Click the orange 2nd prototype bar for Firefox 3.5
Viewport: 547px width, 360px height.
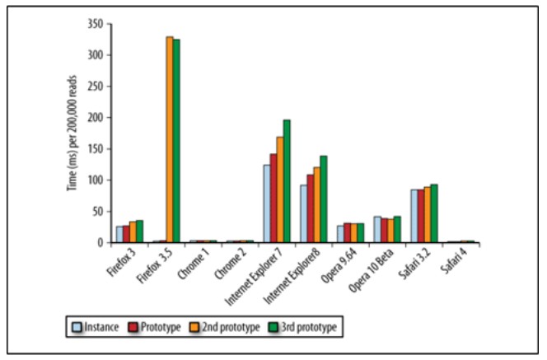(x=170, y=140)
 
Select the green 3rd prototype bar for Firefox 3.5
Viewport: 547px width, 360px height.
(x=176, y=142)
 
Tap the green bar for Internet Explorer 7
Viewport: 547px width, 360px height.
(x=287, y=181)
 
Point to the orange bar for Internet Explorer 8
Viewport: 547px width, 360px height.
(x=317, y=205)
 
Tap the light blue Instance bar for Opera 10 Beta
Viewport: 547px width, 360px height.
(x=377, y=230)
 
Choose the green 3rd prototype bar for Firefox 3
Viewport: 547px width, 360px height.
(x=139, y=231)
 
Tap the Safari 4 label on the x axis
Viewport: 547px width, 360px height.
(x=458, y=262)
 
